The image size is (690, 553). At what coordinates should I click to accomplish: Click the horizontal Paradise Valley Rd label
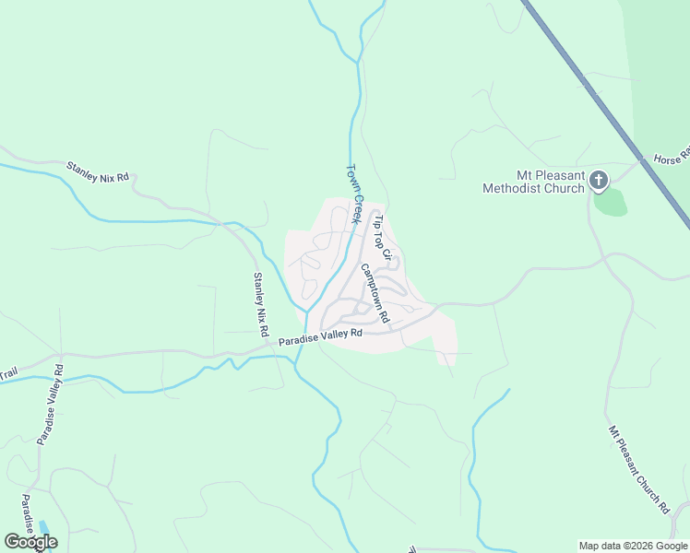321,338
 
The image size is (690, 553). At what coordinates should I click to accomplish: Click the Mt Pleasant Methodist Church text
533,182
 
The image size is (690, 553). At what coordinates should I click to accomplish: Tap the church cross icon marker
599,180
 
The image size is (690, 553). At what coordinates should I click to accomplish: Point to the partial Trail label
8,374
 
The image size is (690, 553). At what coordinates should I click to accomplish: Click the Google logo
30,542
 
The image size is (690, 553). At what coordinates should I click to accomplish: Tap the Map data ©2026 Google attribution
633,546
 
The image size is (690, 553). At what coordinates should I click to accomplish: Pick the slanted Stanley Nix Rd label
97,172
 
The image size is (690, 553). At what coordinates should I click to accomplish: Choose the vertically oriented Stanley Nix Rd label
261,304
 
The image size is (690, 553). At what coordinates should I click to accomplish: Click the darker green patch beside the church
610,202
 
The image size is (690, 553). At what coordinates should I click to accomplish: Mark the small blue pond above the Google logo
42,526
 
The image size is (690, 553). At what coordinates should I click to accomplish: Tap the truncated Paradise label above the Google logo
27,512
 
